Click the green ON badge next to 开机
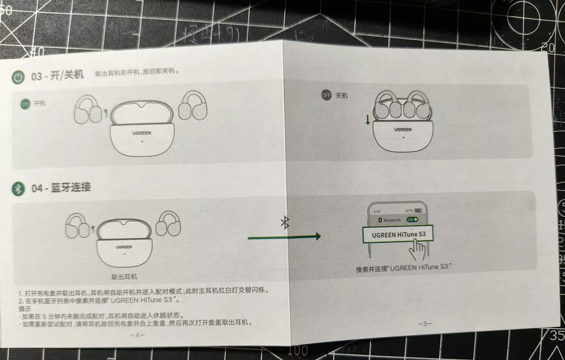(25, 104)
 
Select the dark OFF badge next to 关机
(326, 95)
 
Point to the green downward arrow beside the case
(368, 119)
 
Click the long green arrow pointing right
(284, 236)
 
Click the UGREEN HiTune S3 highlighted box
(398, 235)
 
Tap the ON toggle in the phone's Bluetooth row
(412, 220)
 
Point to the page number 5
(425, 324)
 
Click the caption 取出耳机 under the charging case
(124, 277)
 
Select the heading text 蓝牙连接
(71, 187)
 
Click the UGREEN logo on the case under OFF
(403, 129)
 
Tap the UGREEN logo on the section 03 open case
(142, 133)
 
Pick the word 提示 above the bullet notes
(25, 309)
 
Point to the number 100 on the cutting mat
(300, 350)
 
